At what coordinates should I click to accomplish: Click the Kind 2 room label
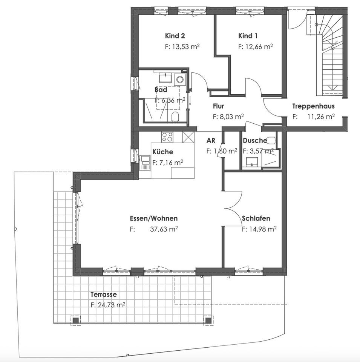(175, 36)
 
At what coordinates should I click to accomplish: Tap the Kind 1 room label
(248, 36)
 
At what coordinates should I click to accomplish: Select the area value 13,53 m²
(182, 47)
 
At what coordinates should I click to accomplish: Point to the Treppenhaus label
(313, 106)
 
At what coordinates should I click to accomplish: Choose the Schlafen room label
(256, 218)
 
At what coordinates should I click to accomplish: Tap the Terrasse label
(103, 295)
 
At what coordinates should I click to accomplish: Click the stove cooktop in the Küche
(167, 137)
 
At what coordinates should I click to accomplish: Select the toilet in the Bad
(175, 116)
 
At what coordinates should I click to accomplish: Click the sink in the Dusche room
(252, 162)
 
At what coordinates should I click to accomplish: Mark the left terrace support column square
(76, 321)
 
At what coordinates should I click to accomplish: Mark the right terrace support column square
(208, 321)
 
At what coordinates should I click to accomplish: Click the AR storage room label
(211, 141)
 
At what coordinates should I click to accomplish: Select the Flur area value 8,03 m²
(228, 117)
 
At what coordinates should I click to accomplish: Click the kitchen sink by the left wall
(145, 163)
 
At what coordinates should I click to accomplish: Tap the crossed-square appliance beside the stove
(187, 137)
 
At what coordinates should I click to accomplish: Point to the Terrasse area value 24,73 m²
(108, 305)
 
